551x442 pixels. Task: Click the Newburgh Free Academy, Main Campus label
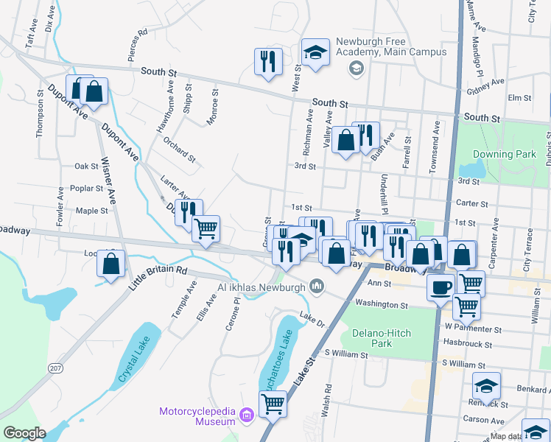click(x=391, y=46)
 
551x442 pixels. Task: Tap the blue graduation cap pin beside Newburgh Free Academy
click(x=315, y=52)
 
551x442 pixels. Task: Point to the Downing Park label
click(x=503, y=155)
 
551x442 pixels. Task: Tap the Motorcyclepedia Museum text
click(x=198, y=416)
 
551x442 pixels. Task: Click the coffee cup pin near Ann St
click(x=441, y=287)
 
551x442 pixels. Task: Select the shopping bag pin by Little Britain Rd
click(x=110, y=264)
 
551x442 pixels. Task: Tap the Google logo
click(x=24, y=433)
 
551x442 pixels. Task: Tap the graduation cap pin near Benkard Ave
click(x=486, y=385)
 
